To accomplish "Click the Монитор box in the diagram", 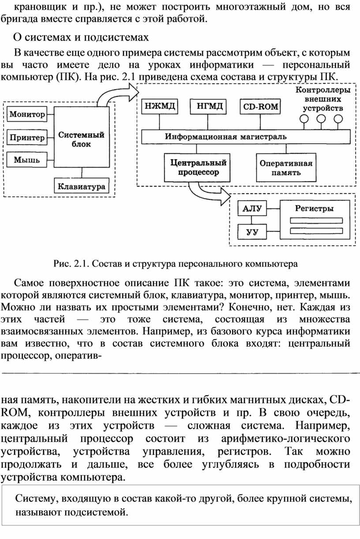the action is (27, 114).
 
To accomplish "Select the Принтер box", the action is (27, 138).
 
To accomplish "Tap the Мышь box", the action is (26, 160).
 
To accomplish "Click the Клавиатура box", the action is (82, 186).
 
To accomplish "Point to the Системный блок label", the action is (81, 139).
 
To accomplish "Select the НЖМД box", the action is (160, 106).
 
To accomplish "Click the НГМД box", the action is (208, 106).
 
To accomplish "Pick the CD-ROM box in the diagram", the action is (260, 106).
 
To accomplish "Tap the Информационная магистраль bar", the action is (246, 137).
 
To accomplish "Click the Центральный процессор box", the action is (197, 168).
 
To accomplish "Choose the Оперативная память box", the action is (286, 168).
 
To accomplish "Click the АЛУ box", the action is (252, 208).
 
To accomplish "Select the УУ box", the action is (252, 232).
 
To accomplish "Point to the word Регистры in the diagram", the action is (314, 208).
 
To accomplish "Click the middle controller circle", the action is (321, 119).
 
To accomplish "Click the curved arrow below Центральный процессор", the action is (206, 192).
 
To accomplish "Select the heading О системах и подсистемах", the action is (81, 37).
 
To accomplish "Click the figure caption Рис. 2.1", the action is (176, 264).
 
